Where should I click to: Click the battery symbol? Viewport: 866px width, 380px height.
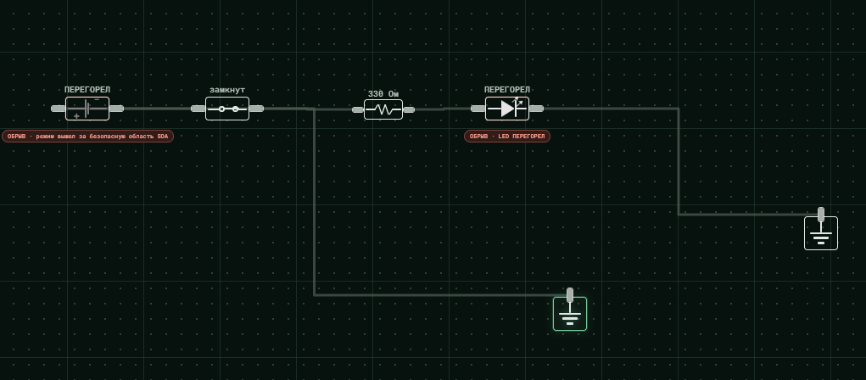[x=87, y=109]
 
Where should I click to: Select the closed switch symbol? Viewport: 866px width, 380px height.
[x=227, y=109]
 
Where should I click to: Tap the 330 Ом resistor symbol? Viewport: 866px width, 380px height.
[x=383, y=109]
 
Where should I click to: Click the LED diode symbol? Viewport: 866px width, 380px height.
[x=507, y=109]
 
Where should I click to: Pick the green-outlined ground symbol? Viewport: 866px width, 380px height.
[x=570, y=314]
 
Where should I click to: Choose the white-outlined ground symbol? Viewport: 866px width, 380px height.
[x=821, y=233]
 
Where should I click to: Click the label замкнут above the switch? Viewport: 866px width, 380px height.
[x=227, y=89]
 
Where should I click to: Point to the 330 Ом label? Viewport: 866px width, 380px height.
[x=383, y=94]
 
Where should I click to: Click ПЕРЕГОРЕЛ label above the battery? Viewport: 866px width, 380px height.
[x=87, y=89]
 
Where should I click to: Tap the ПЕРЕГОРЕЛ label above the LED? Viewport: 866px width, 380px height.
[x=507, y=89]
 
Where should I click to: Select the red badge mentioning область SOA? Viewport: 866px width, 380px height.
[x=88, y=136]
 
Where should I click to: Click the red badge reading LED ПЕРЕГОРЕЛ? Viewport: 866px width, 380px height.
[x=507, y=136]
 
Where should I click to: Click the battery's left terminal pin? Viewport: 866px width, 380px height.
[x=58, y=109]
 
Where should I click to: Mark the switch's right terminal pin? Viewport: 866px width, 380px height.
[x=256, y=109]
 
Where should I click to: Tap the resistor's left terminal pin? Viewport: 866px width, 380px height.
[x=358, y=109]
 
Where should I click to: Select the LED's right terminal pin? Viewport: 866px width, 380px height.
[x=536, y=109]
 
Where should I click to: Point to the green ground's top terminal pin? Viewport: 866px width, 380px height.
[x=570, y=295]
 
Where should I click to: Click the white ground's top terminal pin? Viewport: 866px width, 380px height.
[x=821, y=215]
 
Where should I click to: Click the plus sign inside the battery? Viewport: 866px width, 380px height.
[x=76, y=116]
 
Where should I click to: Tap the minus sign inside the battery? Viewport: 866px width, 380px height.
[x=97, y=100]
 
